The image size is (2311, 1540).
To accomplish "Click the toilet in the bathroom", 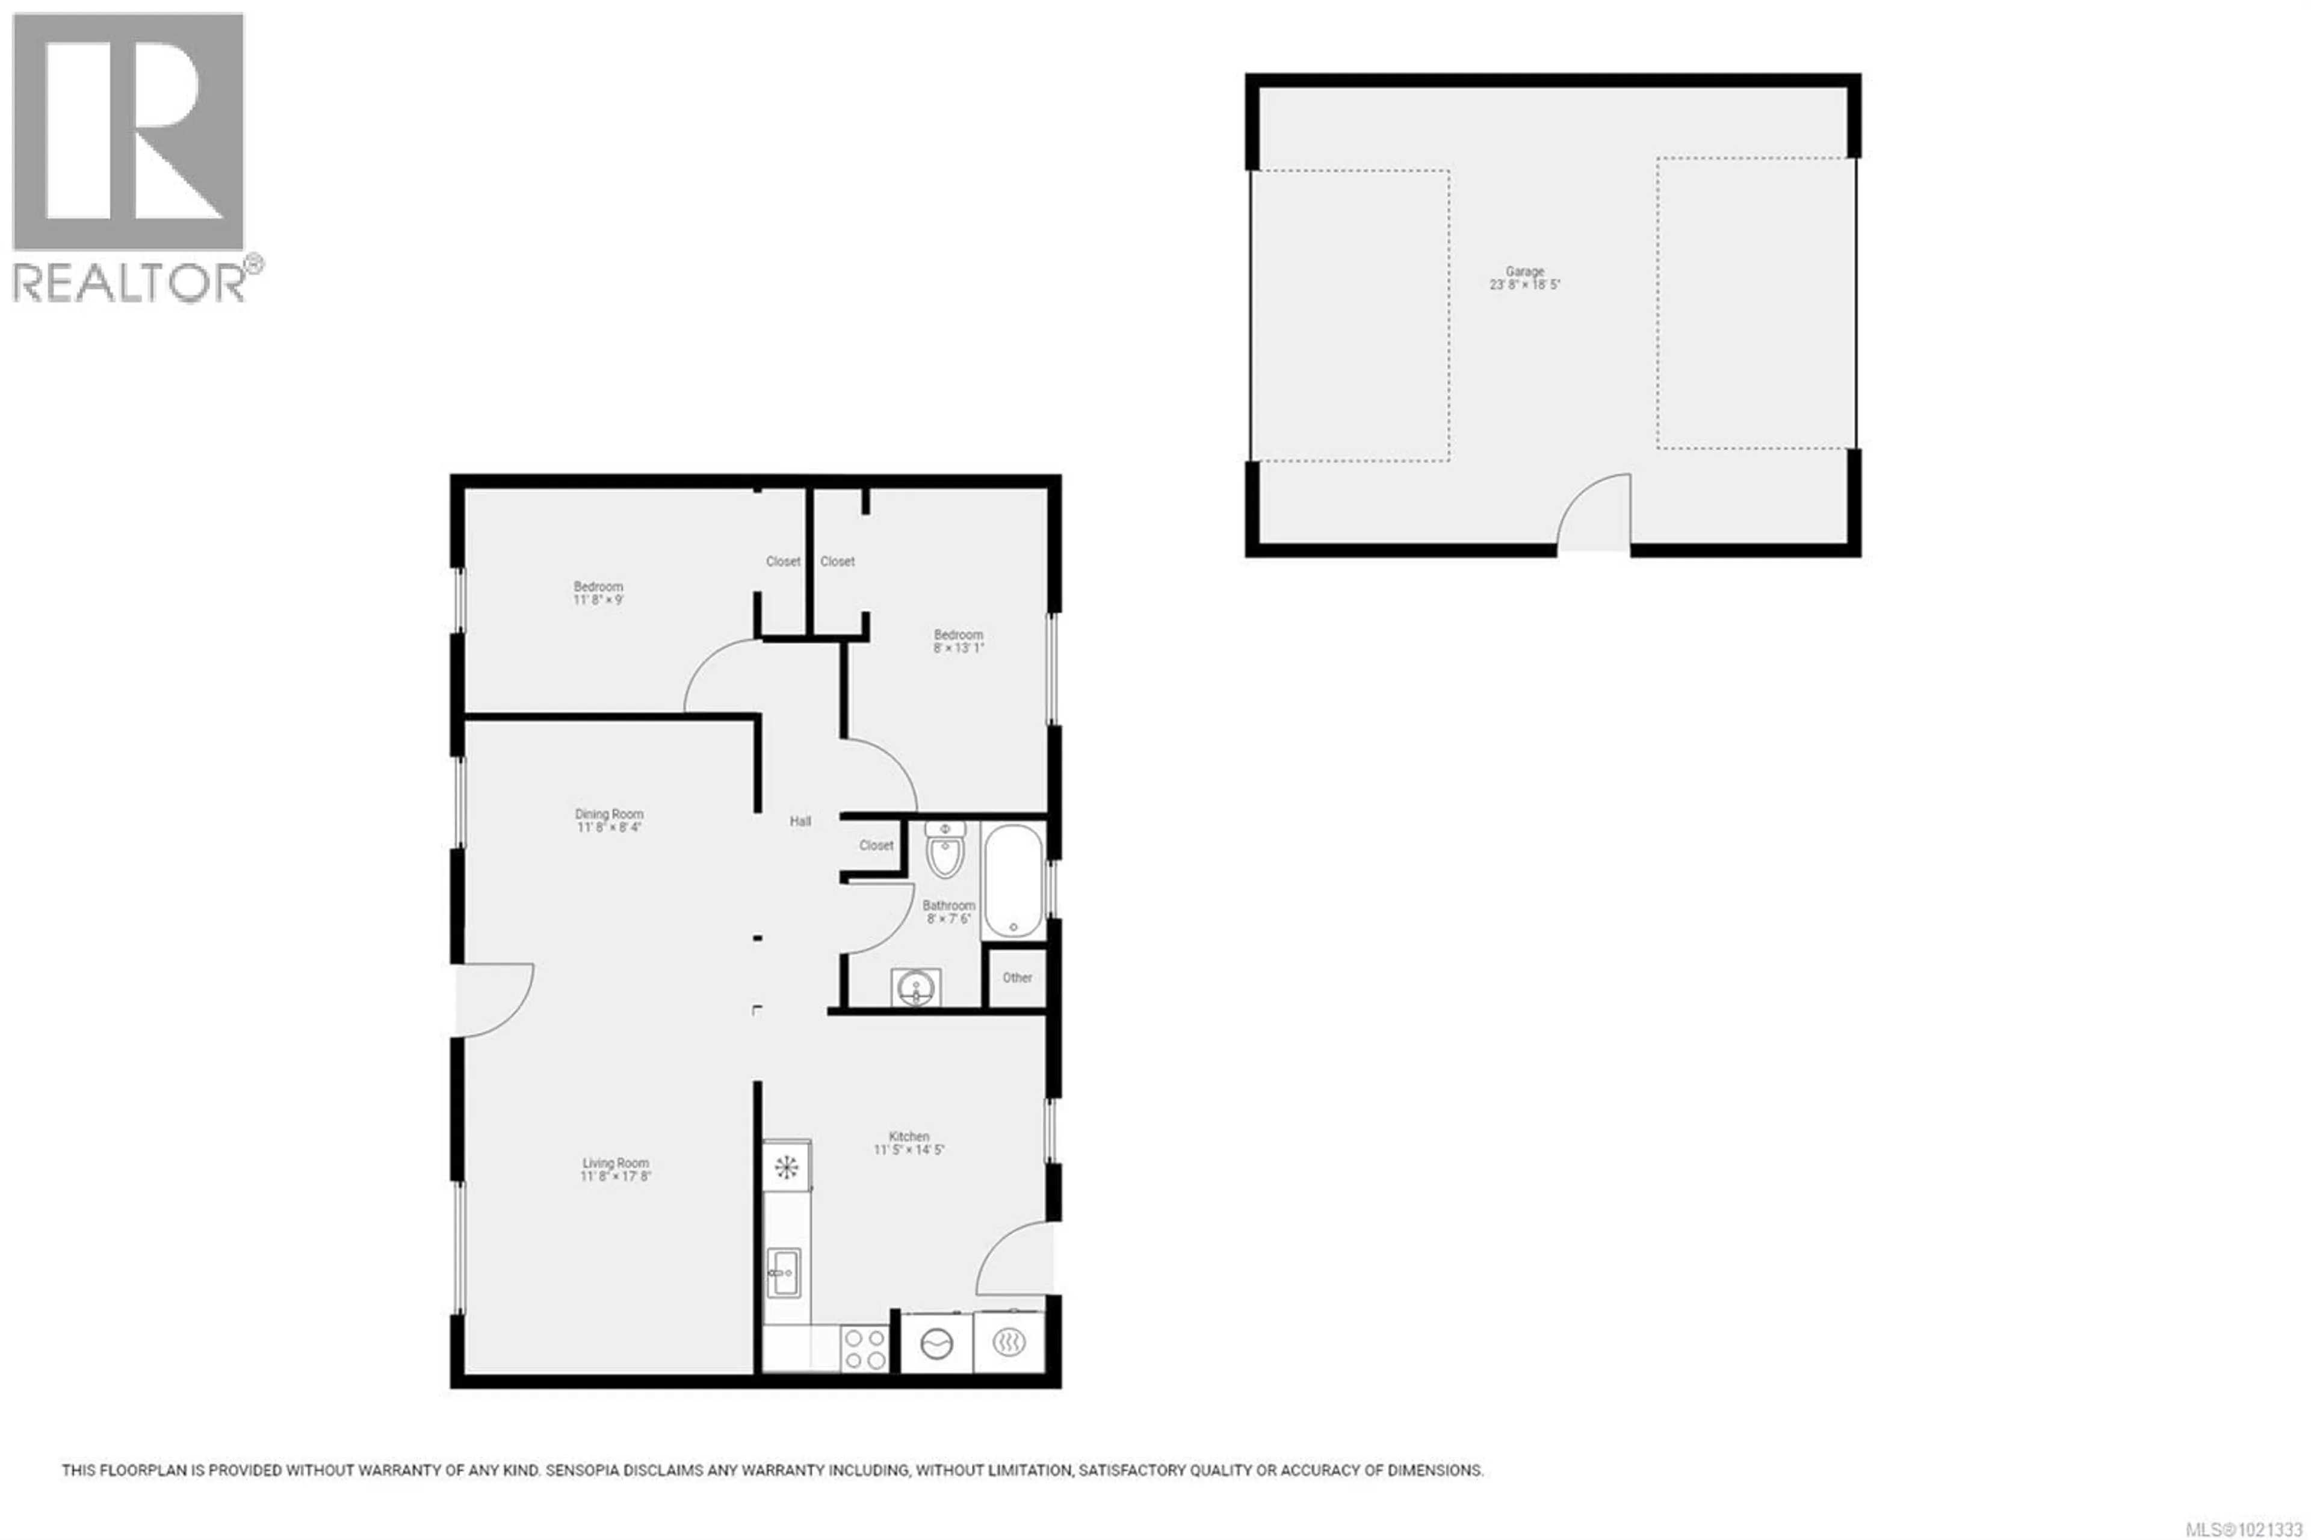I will pos(944,851).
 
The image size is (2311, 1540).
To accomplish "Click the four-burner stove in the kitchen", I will pos(864,1347).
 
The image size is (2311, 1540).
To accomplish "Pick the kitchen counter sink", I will pos(784,1272).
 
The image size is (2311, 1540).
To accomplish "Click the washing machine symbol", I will pos(936,1343).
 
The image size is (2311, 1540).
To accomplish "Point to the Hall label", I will pos(800,821).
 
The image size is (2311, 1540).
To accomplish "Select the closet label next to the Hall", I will pos(876,845).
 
